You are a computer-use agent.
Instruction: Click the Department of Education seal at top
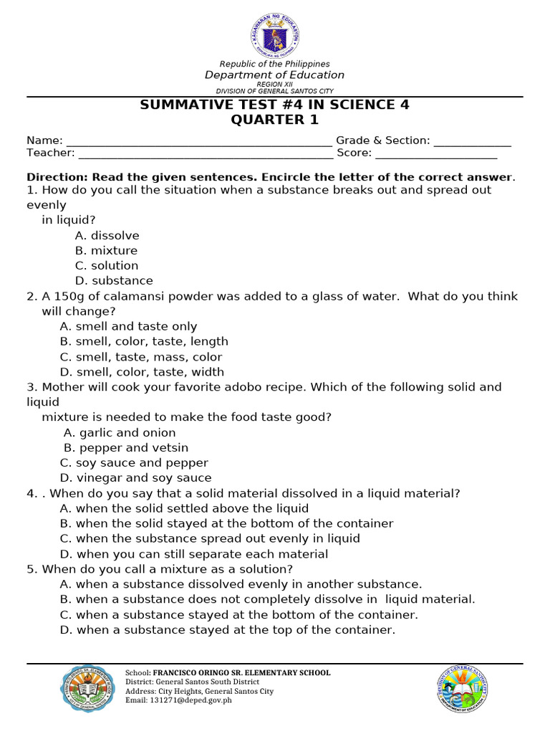(x=275, y=34)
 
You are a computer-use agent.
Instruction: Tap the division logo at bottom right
(x=463, y=689)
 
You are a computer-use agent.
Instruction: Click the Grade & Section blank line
(x=472, y=141)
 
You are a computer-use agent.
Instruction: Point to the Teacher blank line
(x=205, y=153)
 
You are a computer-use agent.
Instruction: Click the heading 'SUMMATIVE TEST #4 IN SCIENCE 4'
(x=274, y=105)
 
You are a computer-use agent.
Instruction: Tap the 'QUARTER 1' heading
(x=274, y=120)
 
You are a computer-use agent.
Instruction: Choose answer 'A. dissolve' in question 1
(x=107, y=236)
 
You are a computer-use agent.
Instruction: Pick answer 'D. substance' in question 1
(x=114, y=281)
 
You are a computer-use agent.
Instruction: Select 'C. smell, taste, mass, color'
(x=141, y=357)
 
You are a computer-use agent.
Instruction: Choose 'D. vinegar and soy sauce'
(x=135, y=478)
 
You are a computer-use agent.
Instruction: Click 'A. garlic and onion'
(x=119, y=433)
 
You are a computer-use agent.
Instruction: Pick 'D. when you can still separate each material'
(x=194, y=554)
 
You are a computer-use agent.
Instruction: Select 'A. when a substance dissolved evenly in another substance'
(x=241, y=584)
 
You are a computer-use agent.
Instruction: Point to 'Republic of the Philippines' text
(x=274, y=65)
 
